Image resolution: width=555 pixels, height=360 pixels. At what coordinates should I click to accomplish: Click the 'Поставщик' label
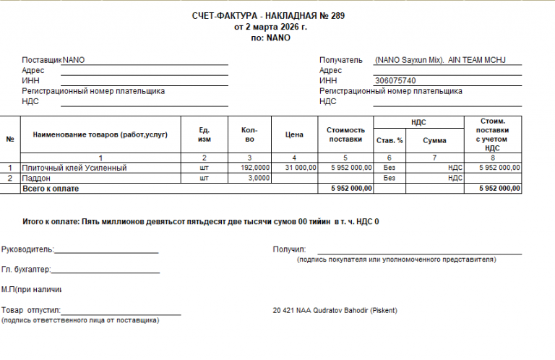coord(42,60)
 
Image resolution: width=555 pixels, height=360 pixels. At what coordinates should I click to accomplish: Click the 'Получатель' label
coord(340,60)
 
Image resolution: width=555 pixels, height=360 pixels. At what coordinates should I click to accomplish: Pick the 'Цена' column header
coord(294,134)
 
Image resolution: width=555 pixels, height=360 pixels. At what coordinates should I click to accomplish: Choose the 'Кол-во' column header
coord(249,134)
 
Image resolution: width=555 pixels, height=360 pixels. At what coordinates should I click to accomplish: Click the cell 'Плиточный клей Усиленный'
coord(74,168)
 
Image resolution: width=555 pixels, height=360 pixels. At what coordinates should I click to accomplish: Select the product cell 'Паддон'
coord(37,178)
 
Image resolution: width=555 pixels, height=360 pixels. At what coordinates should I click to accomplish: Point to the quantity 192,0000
coord(254,168)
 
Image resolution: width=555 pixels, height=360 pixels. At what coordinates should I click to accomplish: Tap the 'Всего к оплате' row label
coord(51,188)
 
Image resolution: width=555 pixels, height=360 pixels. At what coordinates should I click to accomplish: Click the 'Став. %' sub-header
coord(390,140)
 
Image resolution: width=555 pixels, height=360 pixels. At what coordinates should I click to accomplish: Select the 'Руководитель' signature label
coord(27,249)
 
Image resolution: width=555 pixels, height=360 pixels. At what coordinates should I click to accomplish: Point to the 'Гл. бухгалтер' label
coord(26,270)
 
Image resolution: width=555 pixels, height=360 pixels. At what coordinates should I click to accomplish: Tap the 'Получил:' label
coord(290,249)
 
